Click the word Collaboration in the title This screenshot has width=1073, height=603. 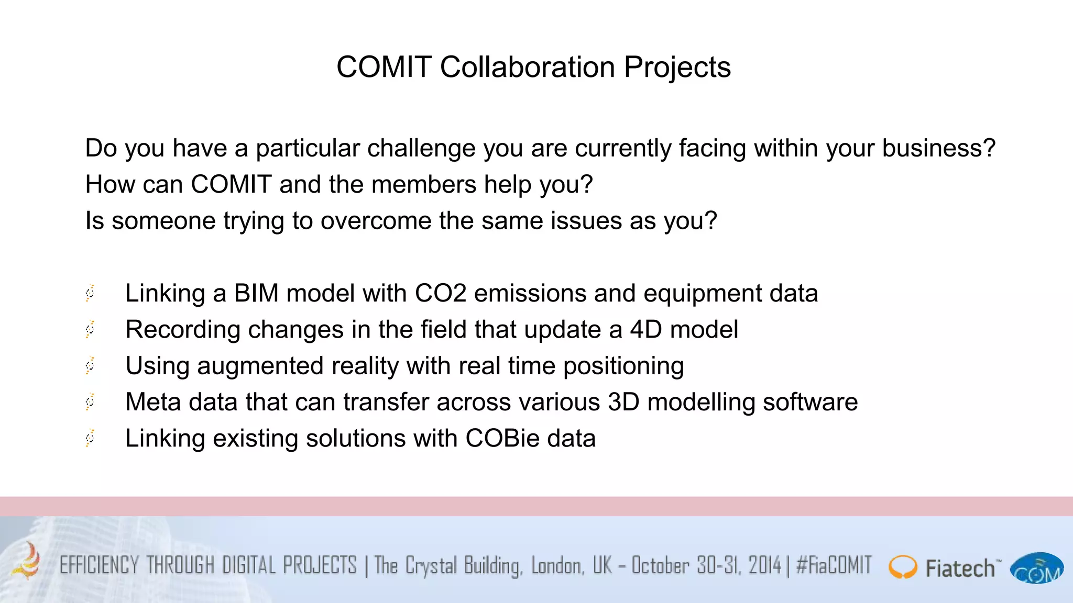[527, 68]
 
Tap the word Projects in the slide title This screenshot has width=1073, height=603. [677, 68]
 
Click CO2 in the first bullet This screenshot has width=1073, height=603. [440, 293]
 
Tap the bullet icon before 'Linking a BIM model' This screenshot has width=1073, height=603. [90, 293]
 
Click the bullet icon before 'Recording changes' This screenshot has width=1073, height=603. [90, 330]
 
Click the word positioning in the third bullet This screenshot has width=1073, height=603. [623, 366]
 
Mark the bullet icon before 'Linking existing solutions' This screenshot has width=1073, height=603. [90, 438]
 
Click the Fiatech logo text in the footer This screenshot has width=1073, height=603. [960, 568]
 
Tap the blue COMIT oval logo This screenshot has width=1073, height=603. [1036, 568]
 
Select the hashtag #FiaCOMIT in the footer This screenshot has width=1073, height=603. [834, 565]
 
